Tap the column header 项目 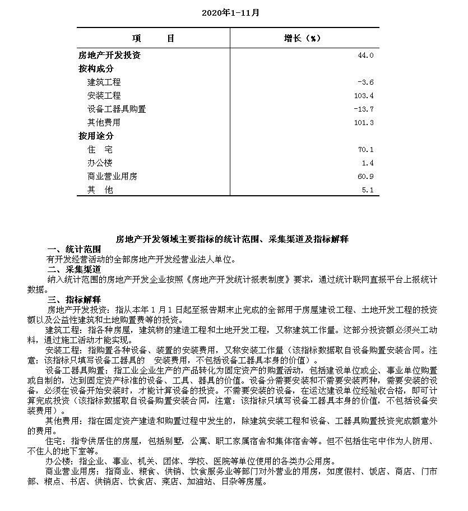[154, 38]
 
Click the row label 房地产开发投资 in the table [109, 55]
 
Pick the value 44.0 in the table [365, 56]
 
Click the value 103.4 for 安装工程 [364, 96]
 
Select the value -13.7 [364, 109]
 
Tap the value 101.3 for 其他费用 [364, 123]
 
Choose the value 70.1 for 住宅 [367, 150]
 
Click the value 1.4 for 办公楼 [368, 163]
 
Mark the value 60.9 [367, 177]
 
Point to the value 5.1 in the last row [368, 190]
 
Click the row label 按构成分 [96, 68]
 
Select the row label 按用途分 [96, 136]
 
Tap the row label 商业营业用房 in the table [112, 177]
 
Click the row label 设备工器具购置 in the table [117, 109]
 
